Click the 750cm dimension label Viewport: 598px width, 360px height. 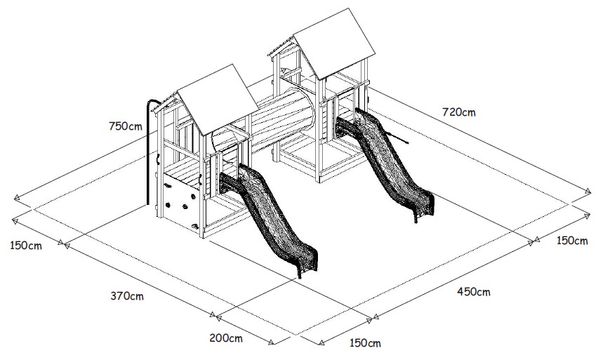tap(126, 126)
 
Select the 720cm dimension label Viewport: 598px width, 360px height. tap(458, 111)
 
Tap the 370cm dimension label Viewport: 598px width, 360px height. tap(127, 295)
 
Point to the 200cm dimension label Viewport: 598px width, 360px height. tap(226, 338)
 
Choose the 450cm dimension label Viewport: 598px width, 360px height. tap(473, 291)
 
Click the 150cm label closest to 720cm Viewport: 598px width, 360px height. tap(571, 241)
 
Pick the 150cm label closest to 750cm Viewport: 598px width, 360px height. tap(26, 246)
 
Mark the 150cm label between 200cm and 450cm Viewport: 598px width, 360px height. tap(365, 343)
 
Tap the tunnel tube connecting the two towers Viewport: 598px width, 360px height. tap(281, 123)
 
